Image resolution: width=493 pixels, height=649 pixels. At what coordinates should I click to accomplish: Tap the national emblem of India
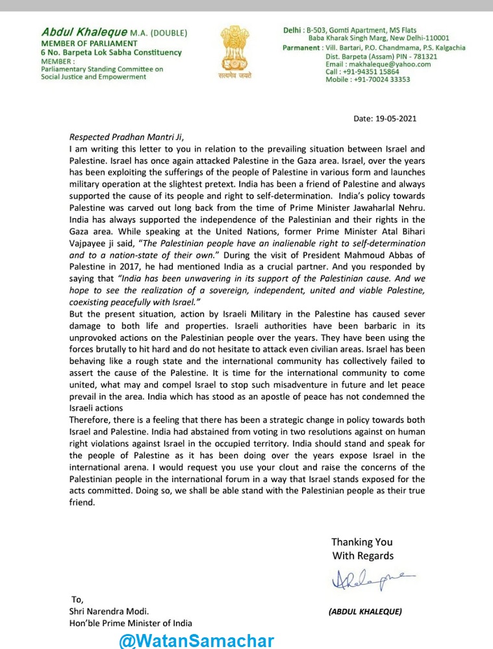click(x=234, y=48)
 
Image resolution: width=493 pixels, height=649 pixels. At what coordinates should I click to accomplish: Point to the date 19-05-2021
click(x=395, y=119)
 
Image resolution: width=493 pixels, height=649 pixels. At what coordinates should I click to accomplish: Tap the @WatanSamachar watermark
click(x=196, y=641)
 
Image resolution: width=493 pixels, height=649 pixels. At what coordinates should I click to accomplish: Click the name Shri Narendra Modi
click(x=109, y=611)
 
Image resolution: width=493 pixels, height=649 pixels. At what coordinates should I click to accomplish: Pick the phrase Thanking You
click(x=362, y=542)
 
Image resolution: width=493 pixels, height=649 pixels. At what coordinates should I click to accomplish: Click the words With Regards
click(x=363, y=556)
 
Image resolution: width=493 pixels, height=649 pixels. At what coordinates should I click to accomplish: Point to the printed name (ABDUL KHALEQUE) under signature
click(x=365, y=611)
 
